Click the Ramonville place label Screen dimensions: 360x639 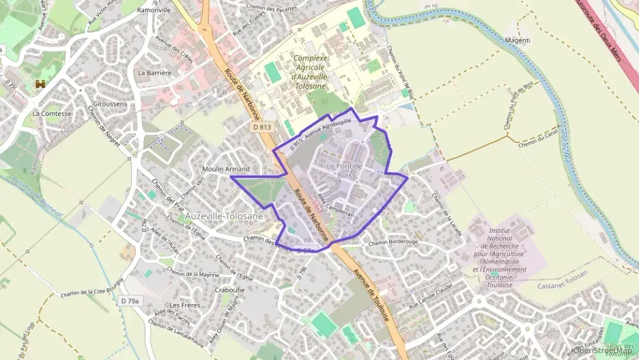[x=154, y=11]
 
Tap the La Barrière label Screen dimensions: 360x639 [x=154, y=72]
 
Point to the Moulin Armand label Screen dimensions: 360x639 [x=226, y=169]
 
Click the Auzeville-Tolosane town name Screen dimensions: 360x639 [x=223, y=216]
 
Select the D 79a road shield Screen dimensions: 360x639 [x=130, y=301]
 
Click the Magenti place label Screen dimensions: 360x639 [x=517, y=40]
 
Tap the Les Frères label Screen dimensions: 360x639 [x=185, y=305]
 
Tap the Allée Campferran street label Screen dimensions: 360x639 [x=336, y=205]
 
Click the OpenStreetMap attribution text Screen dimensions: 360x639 [x=602, y=350]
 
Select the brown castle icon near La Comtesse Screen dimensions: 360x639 [x=40, y=84]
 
